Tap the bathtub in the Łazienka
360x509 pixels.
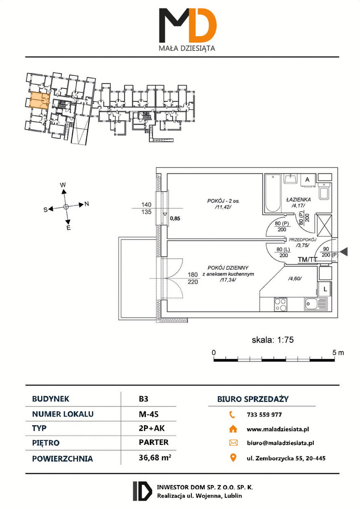(x=272, y=193)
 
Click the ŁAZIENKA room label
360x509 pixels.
(x=299, y=200)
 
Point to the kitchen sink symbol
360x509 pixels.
(x=316, y=304)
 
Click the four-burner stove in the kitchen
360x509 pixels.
(x=281, y=304)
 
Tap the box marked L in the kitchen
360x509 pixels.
(x=325, y=288)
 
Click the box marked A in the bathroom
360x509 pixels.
(x=307, y=179)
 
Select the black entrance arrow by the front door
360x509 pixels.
(x=344, y=251)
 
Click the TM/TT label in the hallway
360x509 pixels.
(x=307, y=259)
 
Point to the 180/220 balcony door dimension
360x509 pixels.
(x=193, y=278)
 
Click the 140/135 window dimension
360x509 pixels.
(x=147, y=208)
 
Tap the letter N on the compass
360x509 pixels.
(x=87, y=204)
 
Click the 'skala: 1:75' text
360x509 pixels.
(x=273, y=339)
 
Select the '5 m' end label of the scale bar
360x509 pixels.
(x=338, y=353)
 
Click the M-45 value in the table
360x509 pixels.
(x=149, y=414)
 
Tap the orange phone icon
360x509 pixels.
(x=232, y=415)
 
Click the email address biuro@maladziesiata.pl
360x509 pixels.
(x=280, y=443)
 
